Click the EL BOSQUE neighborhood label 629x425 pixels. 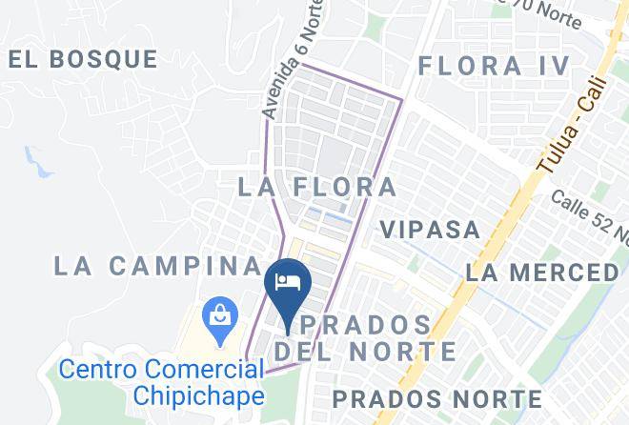tap(83, 59)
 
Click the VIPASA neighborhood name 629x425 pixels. tap(430, 230)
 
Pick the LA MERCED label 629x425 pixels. tap(541, 273)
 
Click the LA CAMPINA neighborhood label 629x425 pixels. tap(157, 265)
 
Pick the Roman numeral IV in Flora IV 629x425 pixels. tap(552, 66)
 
